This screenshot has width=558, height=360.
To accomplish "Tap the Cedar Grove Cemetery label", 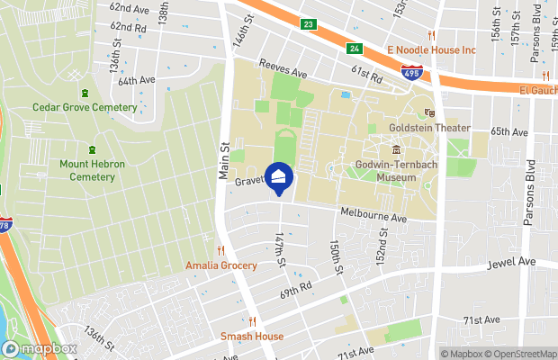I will pos(85,107).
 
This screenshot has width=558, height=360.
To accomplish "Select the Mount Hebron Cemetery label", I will pos(87,170).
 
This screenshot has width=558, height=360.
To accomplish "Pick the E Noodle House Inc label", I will pos(431,50).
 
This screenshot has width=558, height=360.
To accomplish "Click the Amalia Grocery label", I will pos(220,265).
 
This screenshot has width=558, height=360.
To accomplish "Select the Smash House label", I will pos(252,337).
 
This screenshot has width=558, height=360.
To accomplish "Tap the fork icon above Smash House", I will pos(252,321).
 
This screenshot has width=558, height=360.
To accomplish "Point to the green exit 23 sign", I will pos(309,24).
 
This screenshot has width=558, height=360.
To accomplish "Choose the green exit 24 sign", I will pos(355,49).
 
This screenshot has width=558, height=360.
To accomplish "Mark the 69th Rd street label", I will pos(295,287).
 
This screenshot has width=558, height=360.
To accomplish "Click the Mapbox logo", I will pos(40,349).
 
